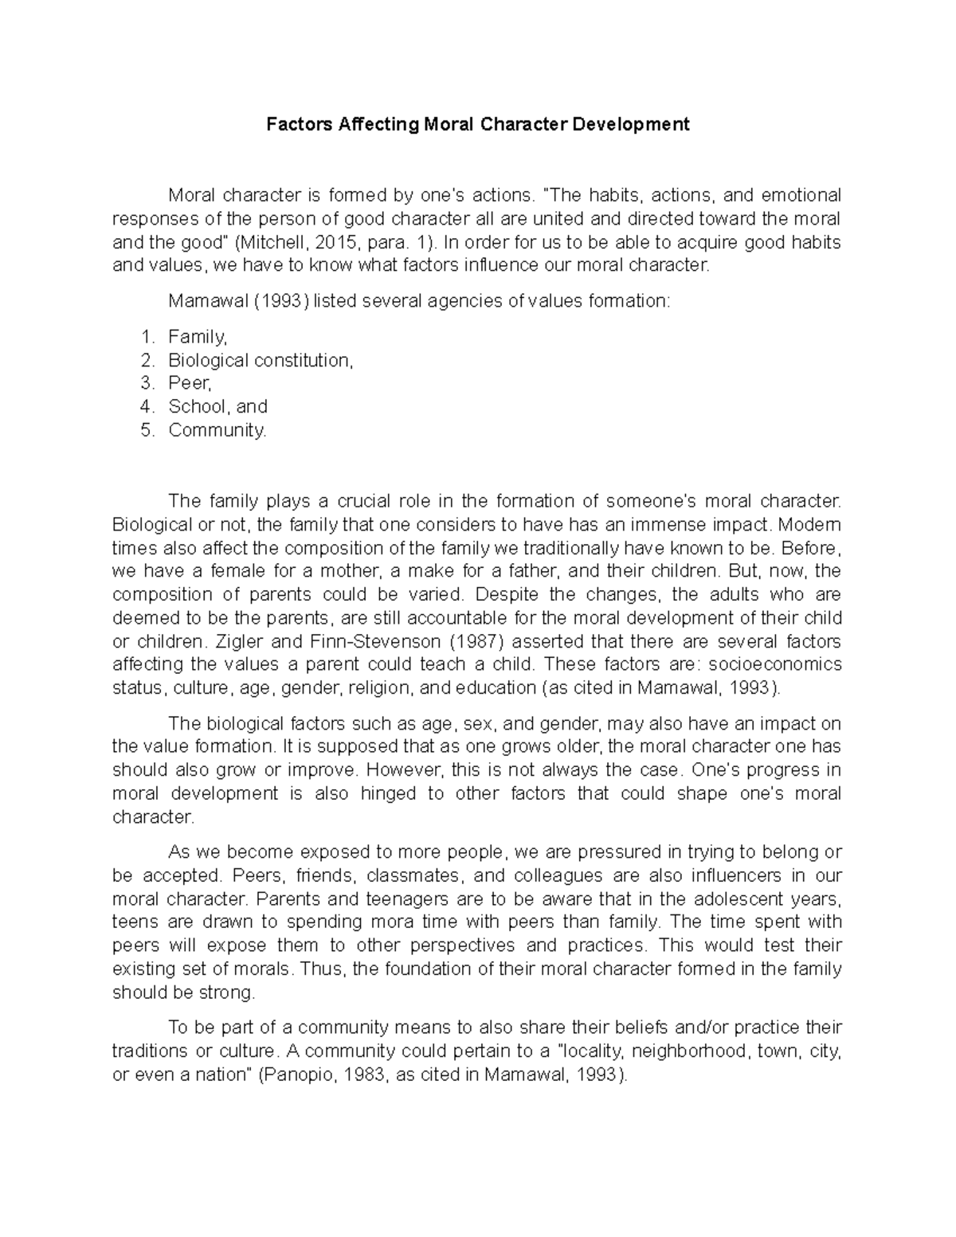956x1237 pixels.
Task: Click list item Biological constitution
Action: tap(260, 360)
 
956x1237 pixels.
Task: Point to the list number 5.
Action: tap(146, 430)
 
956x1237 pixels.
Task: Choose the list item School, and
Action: tap(217, 406)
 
